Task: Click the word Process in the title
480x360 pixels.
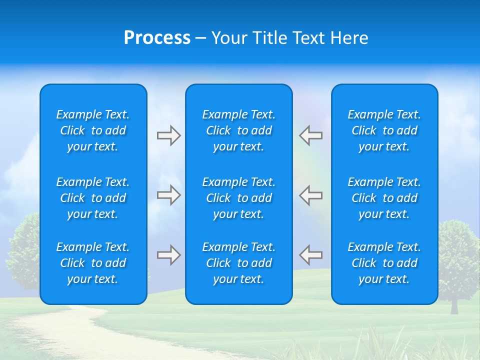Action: (157, 38)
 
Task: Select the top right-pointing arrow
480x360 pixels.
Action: (168, 135)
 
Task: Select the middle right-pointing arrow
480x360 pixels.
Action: (168, 194)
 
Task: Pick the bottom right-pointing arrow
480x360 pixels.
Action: (168, 254)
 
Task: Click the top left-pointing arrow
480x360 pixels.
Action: (311, 135)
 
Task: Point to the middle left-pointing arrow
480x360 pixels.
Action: (311, 194)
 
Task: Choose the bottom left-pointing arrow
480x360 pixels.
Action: (311, 254)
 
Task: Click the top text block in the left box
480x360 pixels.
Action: (93, 130)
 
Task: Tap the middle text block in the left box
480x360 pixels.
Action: (93, 198)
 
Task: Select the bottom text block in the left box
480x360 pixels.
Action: (93, 263)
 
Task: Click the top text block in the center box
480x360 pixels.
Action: (238, 130)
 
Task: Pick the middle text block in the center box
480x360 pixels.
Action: (238, 198)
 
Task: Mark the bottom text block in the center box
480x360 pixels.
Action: (238, 263)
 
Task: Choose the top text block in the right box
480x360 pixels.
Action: (384, 130)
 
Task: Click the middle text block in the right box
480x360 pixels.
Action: (384, 198)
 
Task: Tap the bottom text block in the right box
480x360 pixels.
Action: (384, 263)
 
